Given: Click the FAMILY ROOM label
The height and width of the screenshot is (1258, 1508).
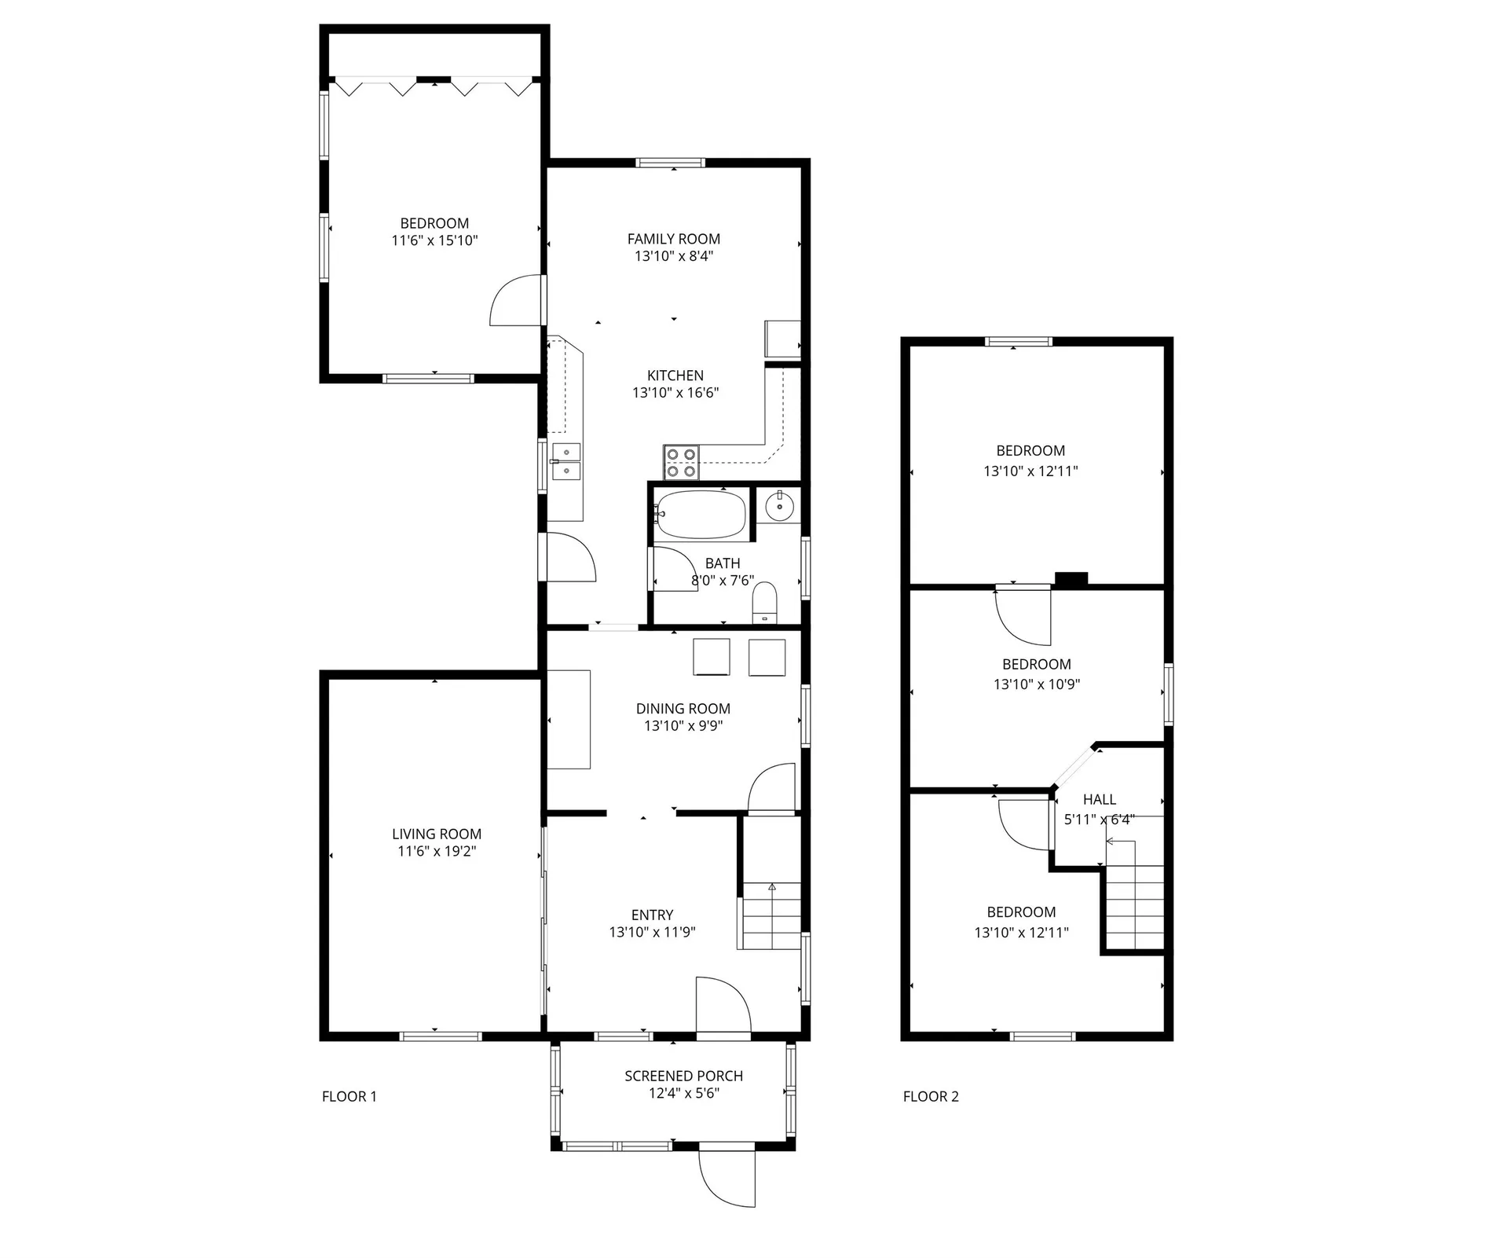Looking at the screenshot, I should coord(673,239).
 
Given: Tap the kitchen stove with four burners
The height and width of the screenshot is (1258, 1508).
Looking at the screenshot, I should coord(681,462).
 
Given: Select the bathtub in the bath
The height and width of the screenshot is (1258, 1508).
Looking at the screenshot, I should coord(701,514).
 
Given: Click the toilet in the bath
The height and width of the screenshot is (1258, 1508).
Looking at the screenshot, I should coord(764,603).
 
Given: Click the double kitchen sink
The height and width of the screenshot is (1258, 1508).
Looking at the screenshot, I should coord(565,461).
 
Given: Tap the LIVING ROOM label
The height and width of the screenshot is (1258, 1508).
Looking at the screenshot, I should coord(437,834).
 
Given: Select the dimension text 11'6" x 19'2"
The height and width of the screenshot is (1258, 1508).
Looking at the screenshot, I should coord(437,851).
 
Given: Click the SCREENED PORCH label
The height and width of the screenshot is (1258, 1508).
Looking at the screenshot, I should coord(683,1076).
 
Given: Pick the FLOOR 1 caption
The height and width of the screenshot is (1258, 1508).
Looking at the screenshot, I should coord(350,1096).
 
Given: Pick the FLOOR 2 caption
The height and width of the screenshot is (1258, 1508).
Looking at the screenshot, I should coord(931,1096).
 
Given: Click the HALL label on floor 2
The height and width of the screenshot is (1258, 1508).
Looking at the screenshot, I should coord(1099,799).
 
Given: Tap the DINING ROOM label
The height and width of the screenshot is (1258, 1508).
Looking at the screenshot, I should coord(683,709).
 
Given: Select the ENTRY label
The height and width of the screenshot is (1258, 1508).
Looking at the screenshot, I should coord(652,915).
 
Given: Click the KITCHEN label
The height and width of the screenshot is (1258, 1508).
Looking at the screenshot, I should coord(675,376).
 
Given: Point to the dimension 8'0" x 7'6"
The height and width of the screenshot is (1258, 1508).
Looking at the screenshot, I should coord(723,581).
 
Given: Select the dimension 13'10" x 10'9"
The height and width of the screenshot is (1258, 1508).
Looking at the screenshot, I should coord(1036,684).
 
